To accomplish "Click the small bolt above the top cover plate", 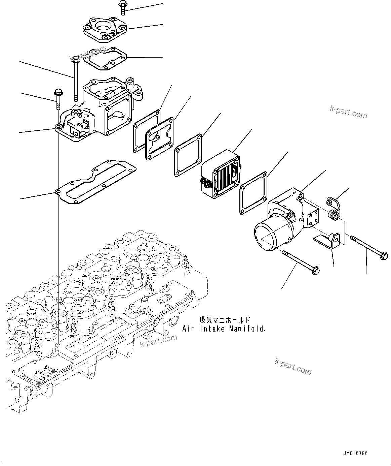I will [x=122, y=8].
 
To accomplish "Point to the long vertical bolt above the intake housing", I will [x=75, y=80].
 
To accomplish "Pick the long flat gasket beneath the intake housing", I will [x=95, y=182].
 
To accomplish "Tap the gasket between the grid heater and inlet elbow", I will [x=253, y=193].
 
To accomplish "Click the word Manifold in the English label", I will [x=252, y=329].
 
